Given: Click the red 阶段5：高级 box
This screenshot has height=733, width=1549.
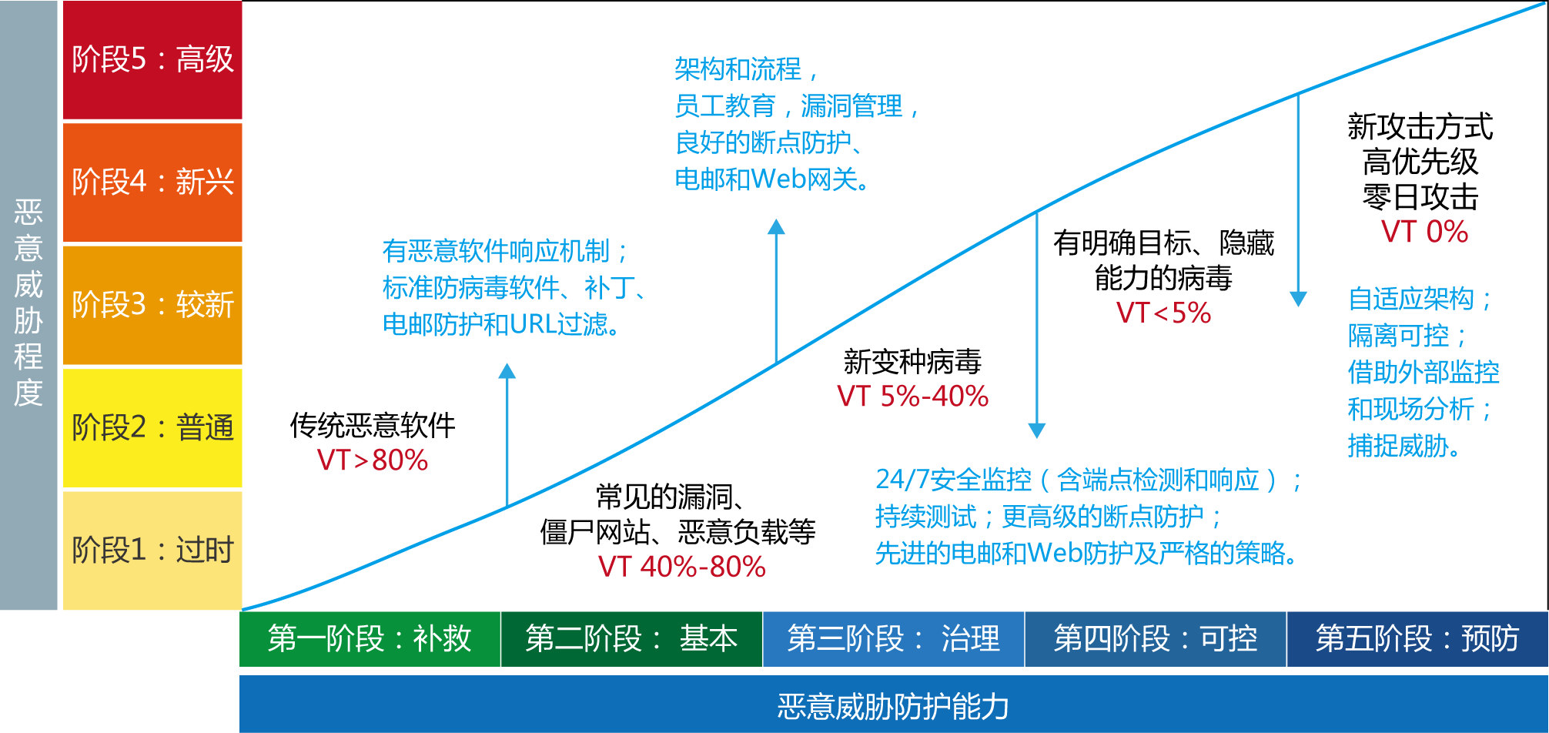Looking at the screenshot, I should (152, 60).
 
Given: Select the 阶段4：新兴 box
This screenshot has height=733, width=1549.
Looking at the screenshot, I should (152, 182).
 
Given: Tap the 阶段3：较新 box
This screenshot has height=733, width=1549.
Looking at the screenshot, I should (152, 305).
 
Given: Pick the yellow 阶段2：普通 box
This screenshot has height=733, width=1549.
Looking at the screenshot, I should (152, 427).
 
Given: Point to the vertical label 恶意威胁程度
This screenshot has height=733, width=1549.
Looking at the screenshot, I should (28, 302).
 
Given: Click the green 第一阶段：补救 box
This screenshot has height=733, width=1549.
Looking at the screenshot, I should (370, 638).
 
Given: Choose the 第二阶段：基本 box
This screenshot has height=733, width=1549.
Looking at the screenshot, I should (631, 638).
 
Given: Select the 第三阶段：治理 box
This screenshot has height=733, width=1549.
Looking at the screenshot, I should (893, 638).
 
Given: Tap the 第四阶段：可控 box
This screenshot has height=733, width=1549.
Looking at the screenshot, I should (1155, 638).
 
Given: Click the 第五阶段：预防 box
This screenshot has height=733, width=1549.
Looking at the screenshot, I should (1417, 638).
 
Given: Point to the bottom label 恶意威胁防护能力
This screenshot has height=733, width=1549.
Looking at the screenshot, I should (893, 706).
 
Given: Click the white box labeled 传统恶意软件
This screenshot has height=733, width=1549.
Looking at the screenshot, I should (373, 423).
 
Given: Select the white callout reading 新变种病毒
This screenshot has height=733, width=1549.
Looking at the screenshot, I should (912, 360).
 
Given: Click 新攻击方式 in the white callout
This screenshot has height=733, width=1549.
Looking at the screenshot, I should (1420, 127).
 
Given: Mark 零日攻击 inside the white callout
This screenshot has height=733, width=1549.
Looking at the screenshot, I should (1420, 197).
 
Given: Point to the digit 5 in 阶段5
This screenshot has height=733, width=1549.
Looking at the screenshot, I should (138, 60).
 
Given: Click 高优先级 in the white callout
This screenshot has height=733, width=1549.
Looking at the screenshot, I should (1420, 162).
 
